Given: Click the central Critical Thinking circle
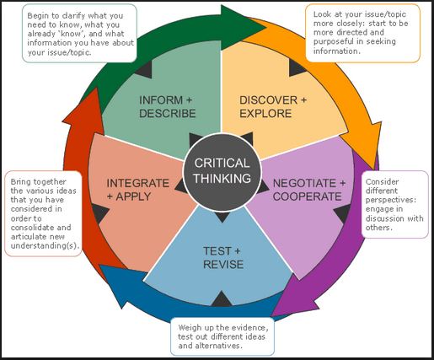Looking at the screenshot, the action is (x=222, y=171).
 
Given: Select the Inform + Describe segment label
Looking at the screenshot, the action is (x=168, y=107).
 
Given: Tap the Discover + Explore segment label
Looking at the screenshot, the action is (x=273, y=107).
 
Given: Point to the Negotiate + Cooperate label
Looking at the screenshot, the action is (x=308, y=190).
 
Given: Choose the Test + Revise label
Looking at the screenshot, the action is (x=223, y=258).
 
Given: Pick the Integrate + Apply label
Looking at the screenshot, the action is (x=137, y=190).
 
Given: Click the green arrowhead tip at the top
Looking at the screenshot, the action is (x=265, y=27).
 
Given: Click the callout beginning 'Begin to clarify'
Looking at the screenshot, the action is (x=79, y=33).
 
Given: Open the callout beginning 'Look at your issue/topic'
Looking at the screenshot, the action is (x=363, y=33).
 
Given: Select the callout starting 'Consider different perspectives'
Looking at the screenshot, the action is (x=394, y=204).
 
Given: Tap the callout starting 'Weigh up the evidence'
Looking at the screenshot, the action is (x=222, y=336).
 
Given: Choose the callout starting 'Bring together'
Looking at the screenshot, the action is (x=44, y=213).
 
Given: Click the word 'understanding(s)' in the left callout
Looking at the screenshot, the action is (x=45, y=245).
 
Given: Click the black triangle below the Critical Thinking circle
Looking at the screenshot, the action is (x=222, y=217).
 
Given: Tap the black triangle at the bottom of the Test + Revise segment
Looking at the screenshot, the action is (x=222, y=298).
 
